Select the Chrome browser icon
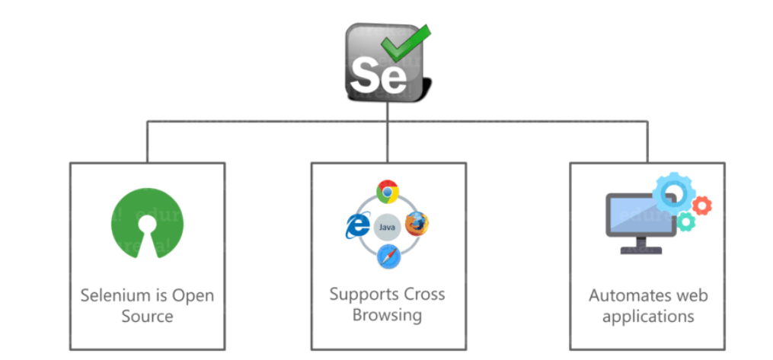[388, 193]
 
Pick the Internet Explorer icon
[356, 225]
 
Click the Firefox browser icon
[417, 225]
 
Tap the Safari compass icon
[387, 257]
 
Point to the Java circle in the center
[387, 226]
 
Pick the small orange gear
[702, 205]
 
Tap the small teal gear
[686, 221]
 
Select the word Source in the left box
[147, 316]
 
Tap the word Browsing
[387, 315]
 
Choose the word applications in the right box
[648, 316]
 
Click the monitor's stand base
[640, 250]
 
